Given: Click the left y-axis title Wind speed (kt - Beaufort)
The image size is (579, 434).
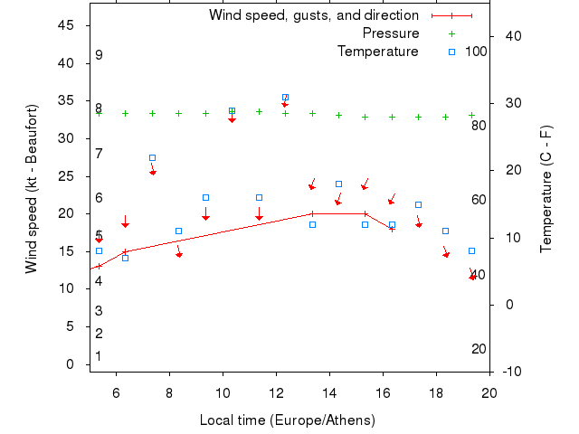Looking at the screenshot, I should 32,189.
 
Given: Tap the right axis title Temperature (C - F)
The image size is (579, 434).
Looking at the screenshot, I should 546,189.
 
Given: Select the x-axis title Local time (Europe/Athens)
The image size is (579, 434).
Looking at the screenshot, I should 289,420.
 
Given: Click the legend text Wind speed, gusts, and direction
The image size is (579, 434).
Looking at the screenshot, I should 314,15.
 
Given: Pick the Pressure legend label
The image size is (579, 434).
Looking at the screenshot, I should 391,33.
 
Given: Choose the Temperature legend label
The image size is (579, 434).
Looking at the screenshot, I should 378,52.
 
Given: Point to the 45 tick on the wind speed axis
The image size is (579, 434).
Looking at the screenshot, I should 66,25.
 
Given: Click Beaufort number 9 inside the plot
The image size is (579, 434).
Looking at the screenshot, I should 99,55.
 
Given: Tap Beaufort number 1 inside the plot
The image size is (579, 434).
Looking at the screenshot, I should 99,356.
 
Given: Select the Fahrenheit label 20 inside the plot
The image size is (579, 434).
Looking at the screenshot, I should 479,349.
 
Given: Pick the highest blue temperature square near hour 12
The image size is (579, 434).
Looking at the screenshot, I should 285,97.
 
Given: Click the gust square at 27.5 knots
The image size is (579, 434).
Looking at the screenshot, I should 152,157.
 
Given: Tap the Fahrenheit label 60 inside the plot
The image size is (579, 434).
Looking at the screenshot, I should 479,200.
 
